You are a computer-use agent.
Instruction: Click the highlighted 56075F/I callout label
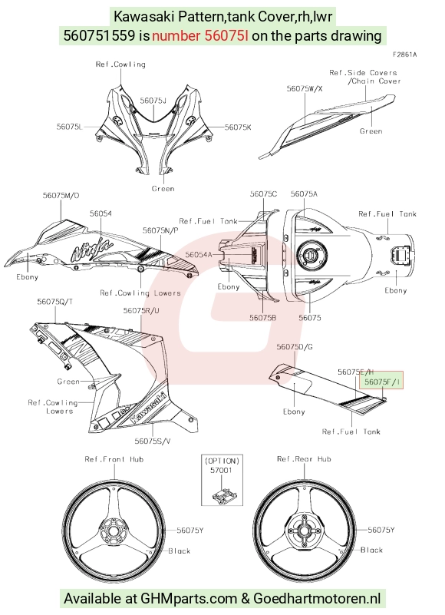click(x=382, y=382)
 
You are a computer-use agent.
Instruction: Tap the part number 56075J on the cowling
click(x=153, y=101)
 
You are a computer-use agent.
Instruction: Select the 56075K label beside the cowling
click(x=238, y=127)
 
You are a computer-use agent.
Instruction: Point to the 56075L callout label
click(x=70, y=126)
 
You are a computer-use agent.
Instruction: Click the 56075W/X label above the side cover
click(x=305, y=88)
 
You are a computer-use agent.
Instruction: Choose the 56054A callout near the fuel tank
click(x=199, y=255)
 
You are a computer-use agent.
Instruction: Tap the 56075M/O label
click(x=61, y=195)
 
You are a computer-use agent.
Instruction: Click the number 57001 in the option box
click(x=221, y=470)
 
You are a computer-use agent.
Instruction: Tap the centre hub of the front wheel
click(x=113, y=531)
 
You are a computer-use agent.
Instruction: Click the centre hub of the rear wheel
click(x=305, y=531)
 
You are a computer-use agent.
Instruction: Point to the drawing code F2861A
click(x=405, y=55)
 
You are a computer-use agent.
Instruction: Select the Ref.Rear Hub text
click(x=305, y=459)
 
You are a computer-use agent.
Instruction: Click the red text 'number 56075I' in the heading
click(x=200, y=36)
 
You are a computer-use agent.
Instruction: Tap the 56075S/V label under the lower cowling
click(x=153, y=441)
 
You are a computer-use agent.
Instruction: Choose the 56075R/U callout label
click(x=141, y=311)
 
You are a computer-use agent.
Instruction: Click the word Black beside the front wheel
click(x=180, y=551)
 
